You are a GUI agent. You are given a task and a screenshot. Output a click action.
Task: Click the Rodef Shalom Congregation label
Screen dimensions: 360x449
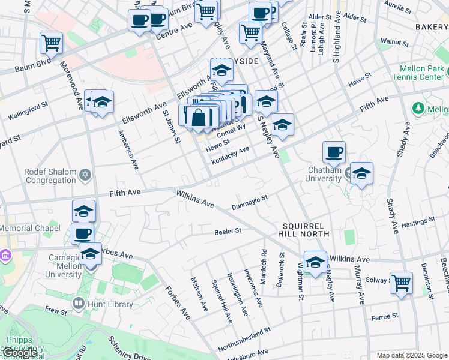click(x=50, y=175)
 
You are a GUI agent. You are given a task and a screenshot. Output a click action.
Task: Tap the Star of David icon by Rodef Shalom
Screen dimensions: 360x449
click(x=85, y=175)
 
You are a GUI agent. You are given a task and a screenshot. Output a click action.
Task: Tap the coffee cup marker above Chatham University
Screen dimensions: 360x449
click(x=334, y=152)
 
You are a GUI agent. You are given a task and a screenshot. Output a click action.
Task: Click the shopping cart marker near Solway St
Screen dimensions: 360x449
click(x=401, y=282)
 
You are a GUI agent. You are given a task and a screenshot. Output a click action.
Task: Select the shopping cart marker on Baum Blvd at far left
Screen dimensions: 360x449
click(x=51, y=43)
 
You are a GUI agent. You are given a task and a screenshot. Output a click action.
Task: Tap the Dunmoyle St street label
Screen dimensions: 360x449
click(x=249, y=202)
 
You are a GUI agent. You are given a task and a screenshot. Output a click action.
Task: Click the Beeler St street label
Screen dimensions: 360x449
click(x=228, y=230)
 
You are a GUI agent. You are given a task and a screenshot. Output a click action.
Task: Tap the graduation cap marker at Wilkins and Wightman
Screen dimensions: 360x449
click(x=315, y=262)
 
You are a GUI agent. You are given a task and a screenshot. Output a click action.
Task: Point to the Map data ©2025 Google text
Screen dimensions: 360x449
click(x=412, y=355)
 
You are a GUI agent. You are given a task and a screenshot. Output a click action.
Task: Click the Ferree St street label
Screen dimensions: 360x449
click(x=385, y=316)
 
